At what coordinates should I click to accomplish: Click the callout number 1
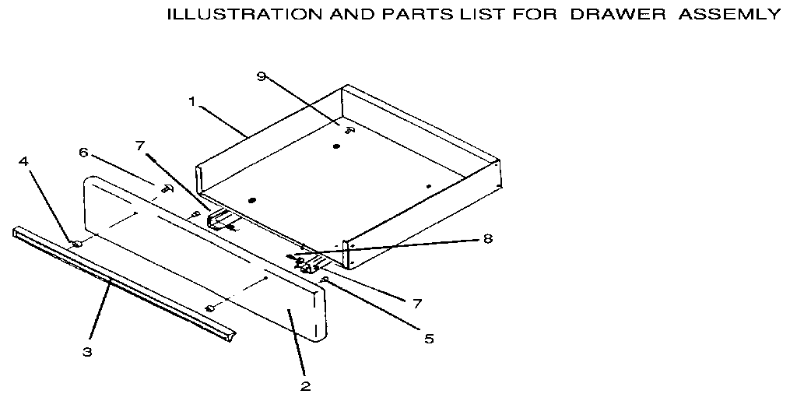coord(191,100)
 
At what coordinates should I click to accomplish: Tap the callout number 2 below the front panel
coord(305,385)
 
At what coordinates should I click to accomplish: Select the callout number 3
coord(87,351)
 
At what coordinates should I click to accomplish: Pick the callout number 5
coord(429,339)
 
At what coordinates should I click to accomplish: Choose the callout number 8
coord(487,238)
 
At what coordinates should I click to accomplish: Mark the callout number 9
coord(262,76)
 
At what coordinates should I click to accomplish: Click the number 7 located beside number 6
coord(139,145)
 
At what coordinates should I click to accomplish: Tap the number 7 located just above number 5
coord(417,302)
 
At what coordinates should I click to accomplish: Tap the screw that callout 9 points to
coord(349,130)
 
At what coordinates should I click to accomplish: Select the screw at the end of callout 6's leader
coord(166,188)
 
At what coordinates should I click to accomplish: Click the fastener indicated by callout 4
coord(77,244)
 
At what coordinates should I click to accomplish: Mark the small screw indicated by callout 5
coord(327,279)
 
